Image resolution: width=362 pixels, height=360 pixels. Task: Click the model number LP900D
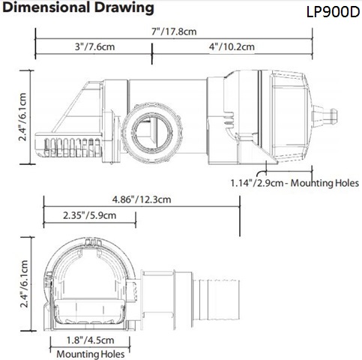point(334,12)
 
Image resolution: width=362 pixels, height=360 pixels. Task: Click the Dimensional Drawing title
point(78,7)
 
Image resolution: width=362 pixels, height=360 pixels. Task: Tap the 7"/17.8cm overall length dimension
point(174,31)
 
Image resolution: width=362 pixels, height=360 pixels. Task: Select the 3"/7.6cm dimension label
point(95,46)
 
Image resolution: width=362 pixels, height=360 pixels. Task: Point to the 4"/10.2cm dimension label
point(232,46)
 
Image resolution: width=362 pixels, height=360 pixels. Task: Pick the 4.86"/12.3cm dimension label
point(142,199)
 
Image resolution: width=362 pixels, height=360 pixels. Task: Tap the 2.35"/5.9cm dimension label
point(90,215)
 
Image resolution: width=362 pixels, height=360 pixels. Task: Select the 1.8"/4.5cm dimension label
point(90,340)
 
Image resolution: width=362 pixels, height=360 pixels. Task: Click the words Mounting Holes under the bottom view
point(91,354)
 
